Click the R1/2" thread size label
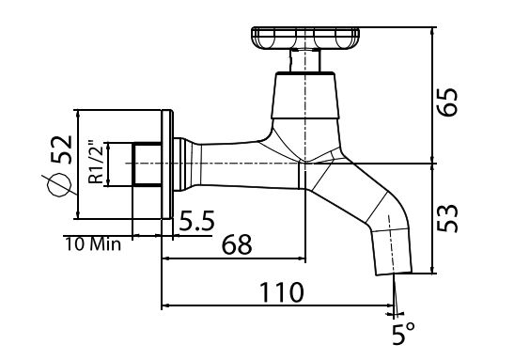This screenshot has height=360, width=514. point(94,161)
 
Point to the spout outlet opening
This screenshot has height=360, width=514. point(393,272)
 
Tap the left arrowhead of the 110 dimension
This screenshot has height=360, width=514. point(167,305)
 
